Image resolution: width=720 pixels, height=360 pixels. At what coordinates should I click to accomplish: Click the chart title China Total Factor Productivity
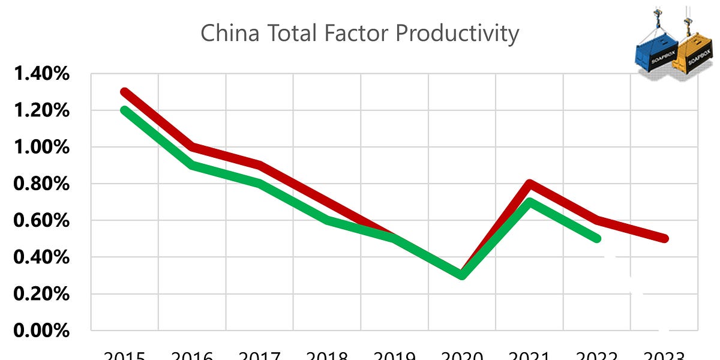point(359,34)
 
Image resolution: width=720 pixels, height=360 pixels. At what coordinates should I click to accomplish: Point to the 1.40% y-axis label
point(41,74)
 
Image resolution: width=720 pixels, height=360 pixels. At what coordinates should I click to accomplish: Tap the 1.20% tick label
point(41,111)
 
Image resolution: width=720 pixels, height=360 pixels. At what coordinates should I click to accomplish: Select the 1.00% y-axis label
point(41,148)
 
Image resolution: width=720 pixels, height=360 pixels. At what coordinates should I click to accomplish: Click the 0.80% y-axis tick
point(41,184)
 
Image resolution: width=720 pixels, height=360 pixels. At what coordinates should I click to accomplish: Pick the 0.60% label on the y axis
point(41,221)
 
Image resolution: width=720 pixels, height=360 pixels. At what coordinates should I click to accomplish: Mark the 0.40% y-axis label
point(41,257)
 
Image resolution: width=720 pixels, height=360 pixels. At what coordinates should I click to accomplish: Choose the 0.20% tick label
point(41,294)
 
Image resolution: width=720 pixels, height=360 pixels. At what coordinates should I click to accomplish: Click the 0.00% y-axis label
point(41,331)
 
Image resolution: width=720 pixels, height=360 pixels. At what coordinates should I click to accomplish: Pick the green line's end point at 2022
point(596,238)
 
